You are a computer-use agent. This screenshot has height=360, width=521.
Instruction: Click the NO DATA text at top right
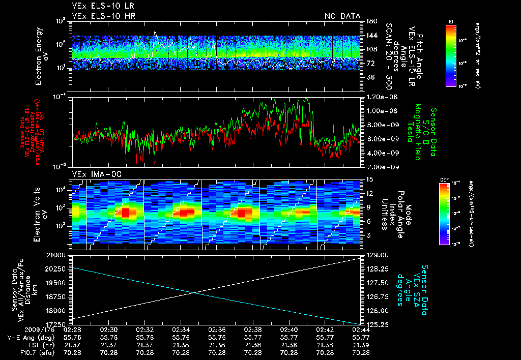[342, 16]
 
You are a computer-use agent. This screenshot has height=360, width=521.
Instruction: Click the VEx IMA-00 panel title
[93, 174]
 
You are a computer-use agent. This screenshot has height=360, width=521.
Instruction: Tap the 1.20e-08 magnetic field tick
[380, 97]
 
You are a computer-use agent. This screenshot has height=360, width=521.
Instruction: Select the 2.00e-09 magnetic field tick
[380, 167]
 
